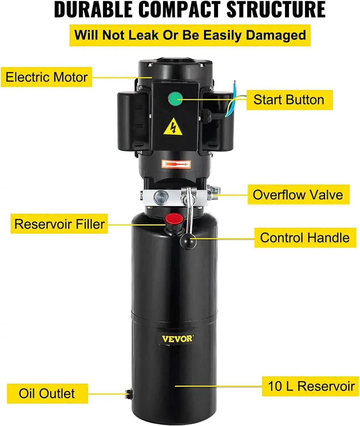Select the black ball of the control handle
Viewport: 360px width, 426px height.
coord(188,241)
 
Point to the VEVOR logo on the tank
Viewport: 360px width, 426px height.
coord(177,339)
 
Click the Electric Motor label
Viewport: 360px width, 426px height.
coord(47,77)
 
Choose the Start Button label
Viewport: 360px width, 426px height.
coord(289,100)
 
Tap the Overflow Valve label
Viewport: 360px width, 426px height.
coord(298,195)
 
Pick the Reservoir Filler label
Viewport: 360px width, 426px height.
coord(59,224)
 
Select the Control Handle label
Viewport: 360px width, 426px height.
coord(305,238)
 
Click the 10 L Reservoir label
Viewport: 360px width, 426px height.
coord(311,386)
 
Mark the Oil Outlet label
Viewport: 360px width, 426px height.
coord(47,394)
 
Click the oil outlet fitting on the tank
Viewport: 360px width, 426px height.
coord(128,393)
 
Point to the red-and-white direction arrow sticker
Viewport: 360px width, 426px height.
coord(176,164)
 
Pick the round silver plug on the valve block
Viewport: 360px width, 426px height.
coord(161,197)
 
